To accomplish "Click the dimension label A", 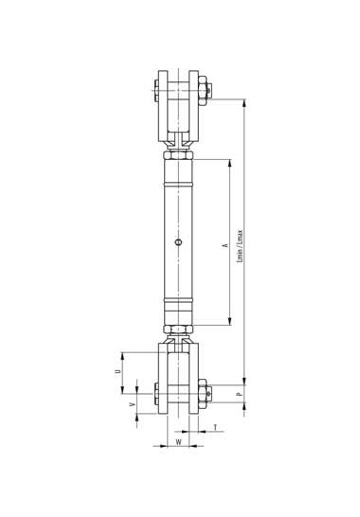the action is point(226,245).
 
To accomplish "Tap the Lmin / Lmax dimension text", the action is point(240,246).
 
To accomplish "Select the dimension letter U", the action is point(117,371).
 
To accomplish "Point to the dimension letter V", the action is point(133,404).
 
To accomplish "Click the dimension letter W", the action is point(178,442).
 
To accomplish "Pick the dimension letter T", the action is point(215,428).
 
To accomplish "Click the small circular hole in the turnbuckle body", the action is point(178,242).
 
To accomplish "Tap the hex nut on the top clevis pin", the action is point(203,90).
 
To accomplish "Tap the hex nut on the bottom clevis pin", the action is point(203,394).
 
